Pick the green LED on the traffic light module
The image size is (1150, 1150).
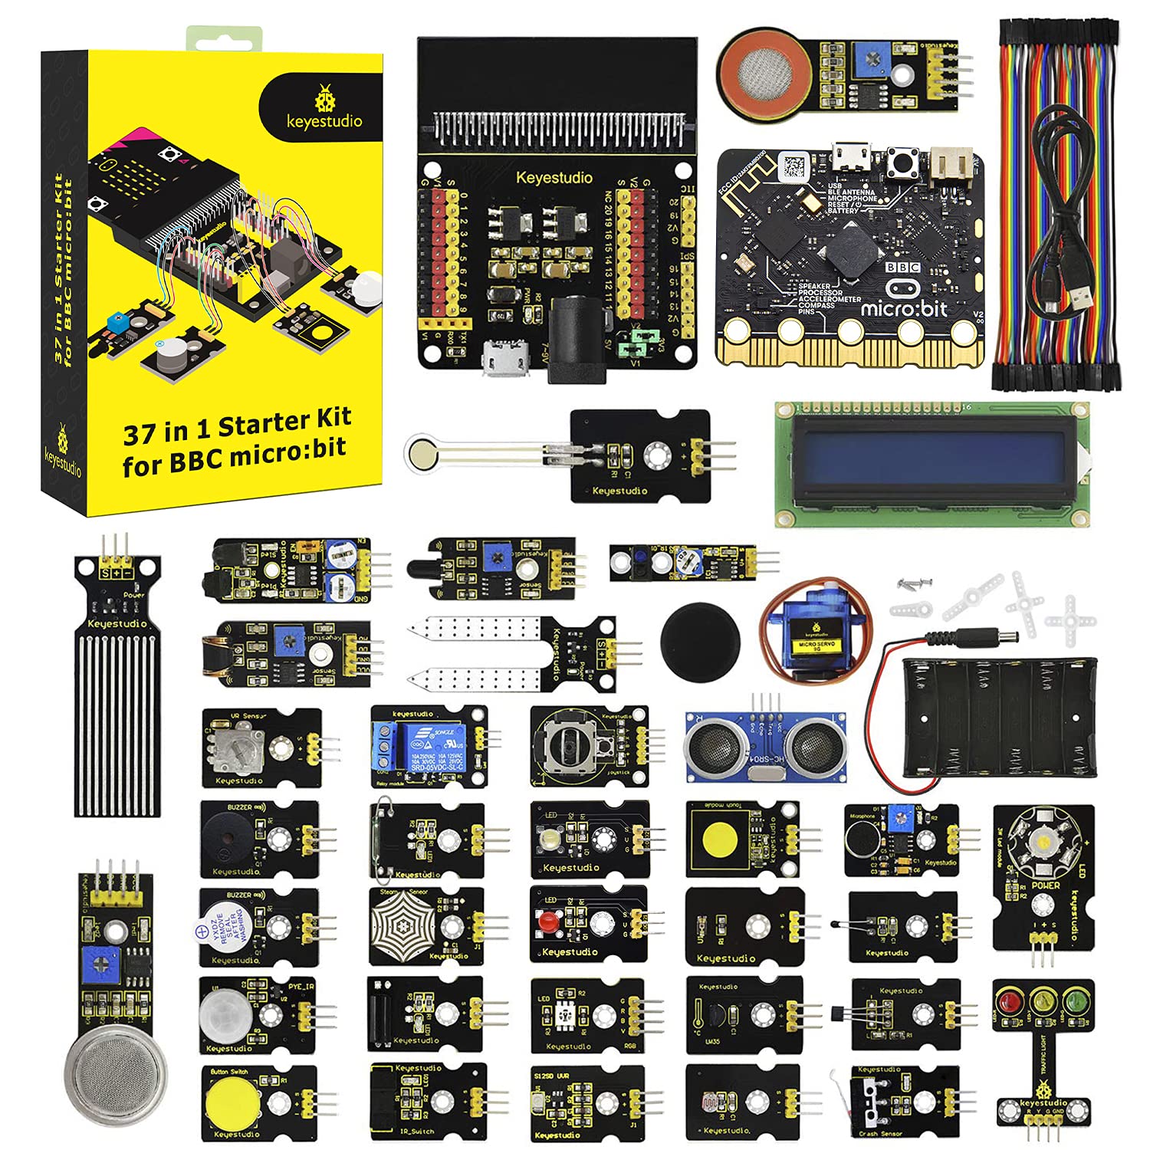pos(1075,1001)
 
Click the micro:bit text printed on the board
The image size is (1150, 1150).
pos(904,309)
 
